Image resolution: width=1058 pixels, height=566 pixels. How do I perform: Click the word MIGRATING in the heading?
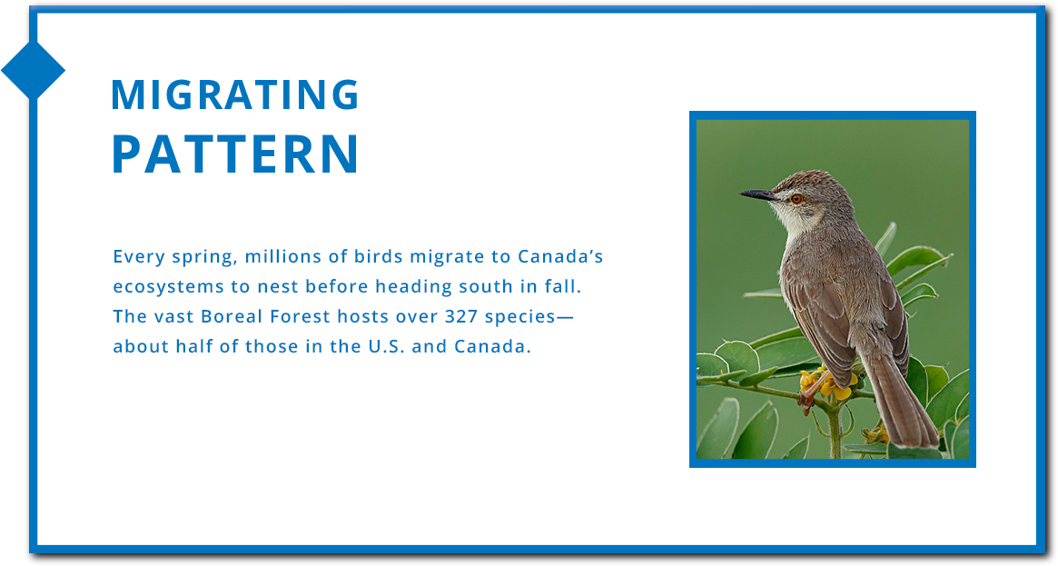(235, 94)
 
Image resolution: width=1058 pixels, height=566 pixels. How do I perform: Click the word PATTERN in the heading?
(235, 154)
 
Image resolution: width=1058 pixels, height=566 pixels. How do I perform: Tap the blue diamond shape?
(33, 70)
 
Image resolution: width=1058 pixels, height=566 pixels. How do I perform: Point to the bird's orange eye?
(796, 198)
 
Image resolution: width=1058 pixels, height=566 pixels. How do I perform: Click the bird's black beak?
(757, 195)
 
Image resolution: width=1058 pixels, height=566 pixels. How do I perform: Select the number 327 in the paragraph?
(461, 316)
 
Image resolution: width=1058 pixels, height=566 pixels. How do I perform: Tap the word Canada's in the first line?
(560, 256)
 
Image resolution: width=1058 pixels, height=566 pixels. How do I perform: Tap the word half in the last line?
(193, 347)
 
